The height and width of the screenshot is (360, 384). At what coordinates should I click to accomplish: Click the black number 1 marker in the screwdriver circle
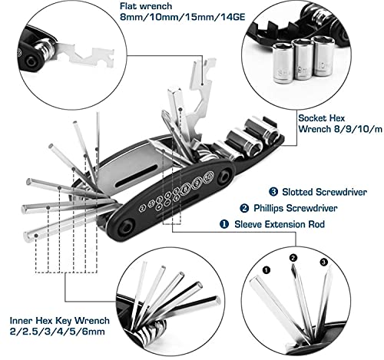pyautogui.click(x=266, y=269)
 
